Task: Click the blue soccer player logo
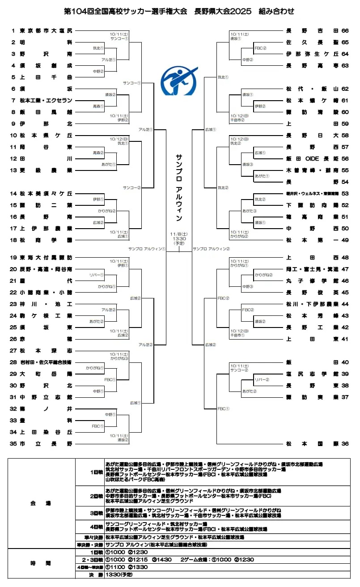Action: [179, 81]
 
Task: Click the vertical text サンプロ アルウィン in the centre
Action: [179, 188]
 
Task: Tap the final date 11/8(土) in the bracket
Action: [179, 234]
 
